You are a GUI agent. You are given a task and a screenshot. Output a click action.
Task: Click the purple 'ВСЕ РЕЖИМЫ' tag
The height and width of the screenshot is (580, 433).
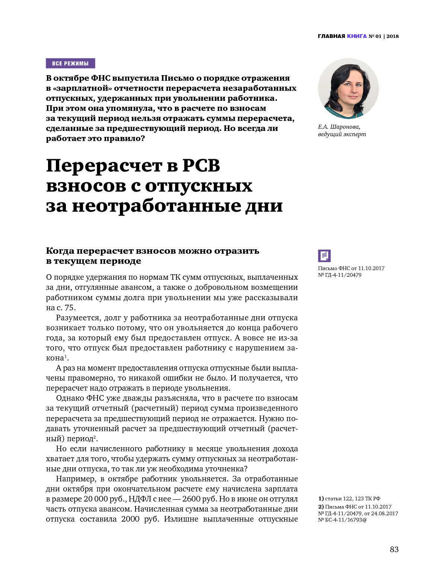click(70, 63)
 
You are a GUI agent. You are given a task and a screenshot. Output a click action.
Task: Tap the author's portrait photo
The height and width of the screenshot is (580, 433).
click(348, 89)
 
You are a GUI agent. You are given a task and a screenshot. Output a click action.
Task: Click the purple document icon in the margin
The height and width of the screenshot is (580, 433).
click(324, 256)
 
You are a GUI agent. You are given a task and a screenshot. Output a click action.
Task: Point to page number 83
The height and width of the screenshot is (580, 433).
click(394, 549)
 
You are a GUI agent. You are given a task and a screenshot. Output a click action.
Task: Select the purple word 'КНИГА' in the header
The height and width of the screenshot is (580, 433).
click(357, 36)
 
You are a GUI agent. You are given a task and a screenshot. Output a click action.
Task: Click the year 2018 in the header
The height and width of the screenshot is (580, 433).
click(392, 36)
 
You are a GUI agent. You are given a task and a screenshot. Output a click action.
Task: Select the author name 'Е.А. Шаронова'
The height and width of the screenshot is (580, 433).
click(339, 127)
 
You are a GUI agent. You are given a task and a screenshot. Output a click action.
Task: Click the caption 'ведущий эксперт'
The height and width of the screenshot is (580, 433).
click(342, 134)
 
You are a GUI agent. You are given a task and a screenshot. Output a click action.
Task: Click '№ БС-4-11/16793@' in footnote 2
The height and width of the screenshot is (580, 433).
click(342, 520)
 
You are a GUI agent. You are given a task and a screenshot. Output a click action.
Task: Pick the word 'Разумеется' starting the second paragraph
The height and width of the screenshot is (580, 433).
click(78, 318)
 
